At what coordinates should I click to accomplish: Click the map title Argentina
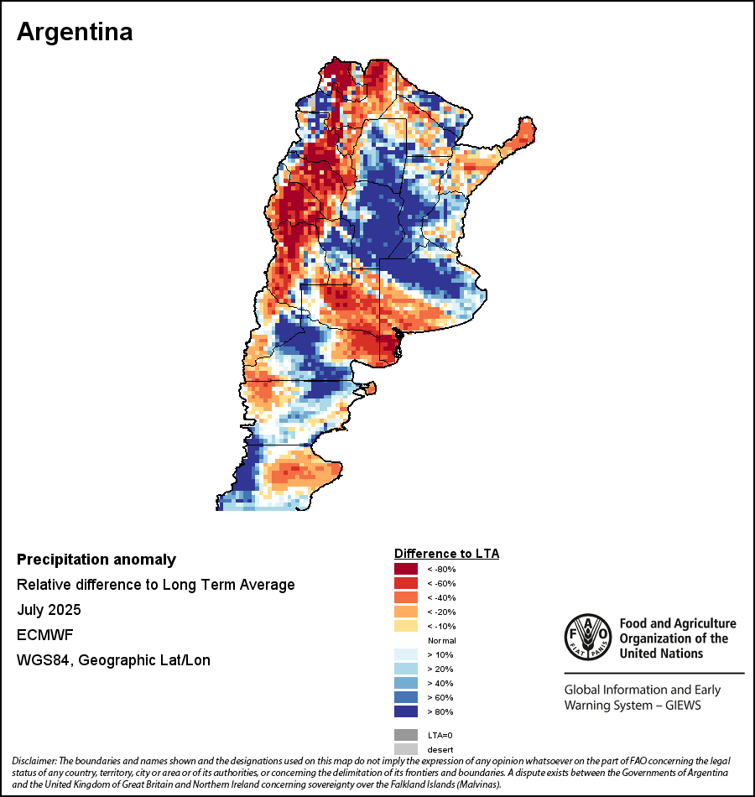point(75,32)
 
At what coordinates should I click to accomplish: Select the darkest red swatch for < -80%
point(405,569)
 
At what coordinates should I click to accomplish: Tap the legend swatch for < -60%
point(405,583)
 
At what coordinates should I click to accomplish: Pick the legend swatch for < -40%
point(405,597)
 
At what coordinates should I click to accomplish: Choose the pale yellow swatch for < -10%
point(405,626)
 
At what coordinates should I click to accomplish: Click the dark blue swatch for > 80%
point(405,711)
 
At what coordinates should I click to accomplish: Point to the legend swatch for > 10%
point(405,654)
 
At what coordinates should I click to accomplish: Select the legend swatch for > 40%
point(405,683)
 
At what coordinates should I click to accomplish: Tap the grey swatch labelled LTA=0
point(405,734)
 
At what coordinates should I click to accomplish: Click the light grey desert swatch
point(405,748)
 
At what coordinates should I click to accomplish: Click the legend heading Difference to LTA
point(446,554)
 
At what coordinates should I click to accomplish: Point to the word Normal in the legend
point(441,640)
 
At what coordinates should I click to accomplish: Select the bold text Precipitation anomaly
point(96,560)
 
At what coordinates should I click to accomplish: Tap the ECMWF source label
point(43,635)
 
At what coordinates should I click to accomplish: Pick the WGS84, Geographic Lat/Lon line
point(113,660)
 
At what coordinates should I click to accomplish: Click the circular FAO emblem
point(587,638)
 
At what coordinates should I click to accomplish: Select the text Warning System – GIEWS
point(633,706)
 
